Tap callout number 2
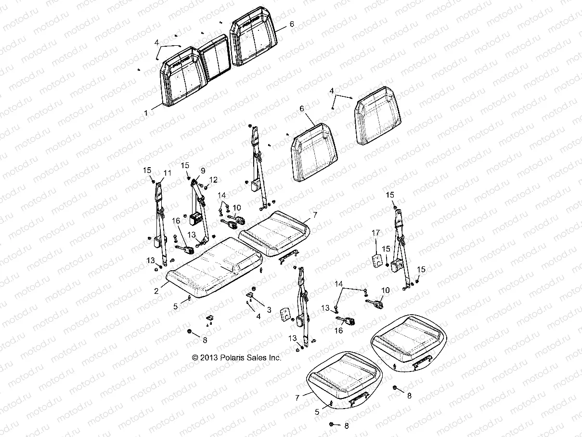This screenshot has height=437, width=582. tap(156, 291)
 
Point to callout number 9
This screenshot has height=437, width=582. tap(203, 171)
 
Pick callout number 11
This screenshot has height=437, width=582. tap(167, 172)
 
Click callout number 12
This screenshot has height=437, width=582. tap(213, 180)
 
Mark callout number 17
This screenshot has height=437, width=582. tap(376, 233)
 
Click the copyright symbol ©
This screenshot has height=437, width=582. tap(195, 358)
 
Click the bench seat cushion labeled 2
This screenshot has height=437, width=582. tap(214, 272)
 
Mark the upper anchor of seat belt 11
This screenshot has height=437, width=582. tap(159, 185)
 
